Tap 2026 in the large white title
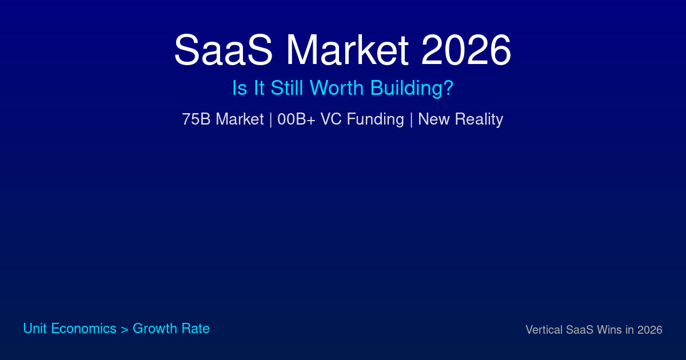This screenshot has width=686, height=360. coord(465,51)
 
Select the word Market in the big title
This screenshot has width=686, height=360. coord(347,51)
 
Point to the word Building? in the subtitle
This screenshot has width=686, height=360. coord(412,89)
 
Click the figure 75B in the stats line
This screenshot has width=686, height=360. coord(196,119)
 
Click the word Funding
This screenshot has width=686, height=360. coord(375,119)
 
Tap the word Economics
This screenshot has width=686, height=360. coord(83,329)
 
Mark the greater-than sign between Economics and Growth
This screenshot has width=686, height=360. coord(125,329)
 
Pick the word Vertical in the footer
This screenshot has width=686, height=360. coord(544,330)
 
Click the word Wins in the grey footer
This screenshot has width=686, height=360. coord(610,330)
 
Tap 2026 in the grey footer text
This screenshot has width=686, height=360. coord(650,330)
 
